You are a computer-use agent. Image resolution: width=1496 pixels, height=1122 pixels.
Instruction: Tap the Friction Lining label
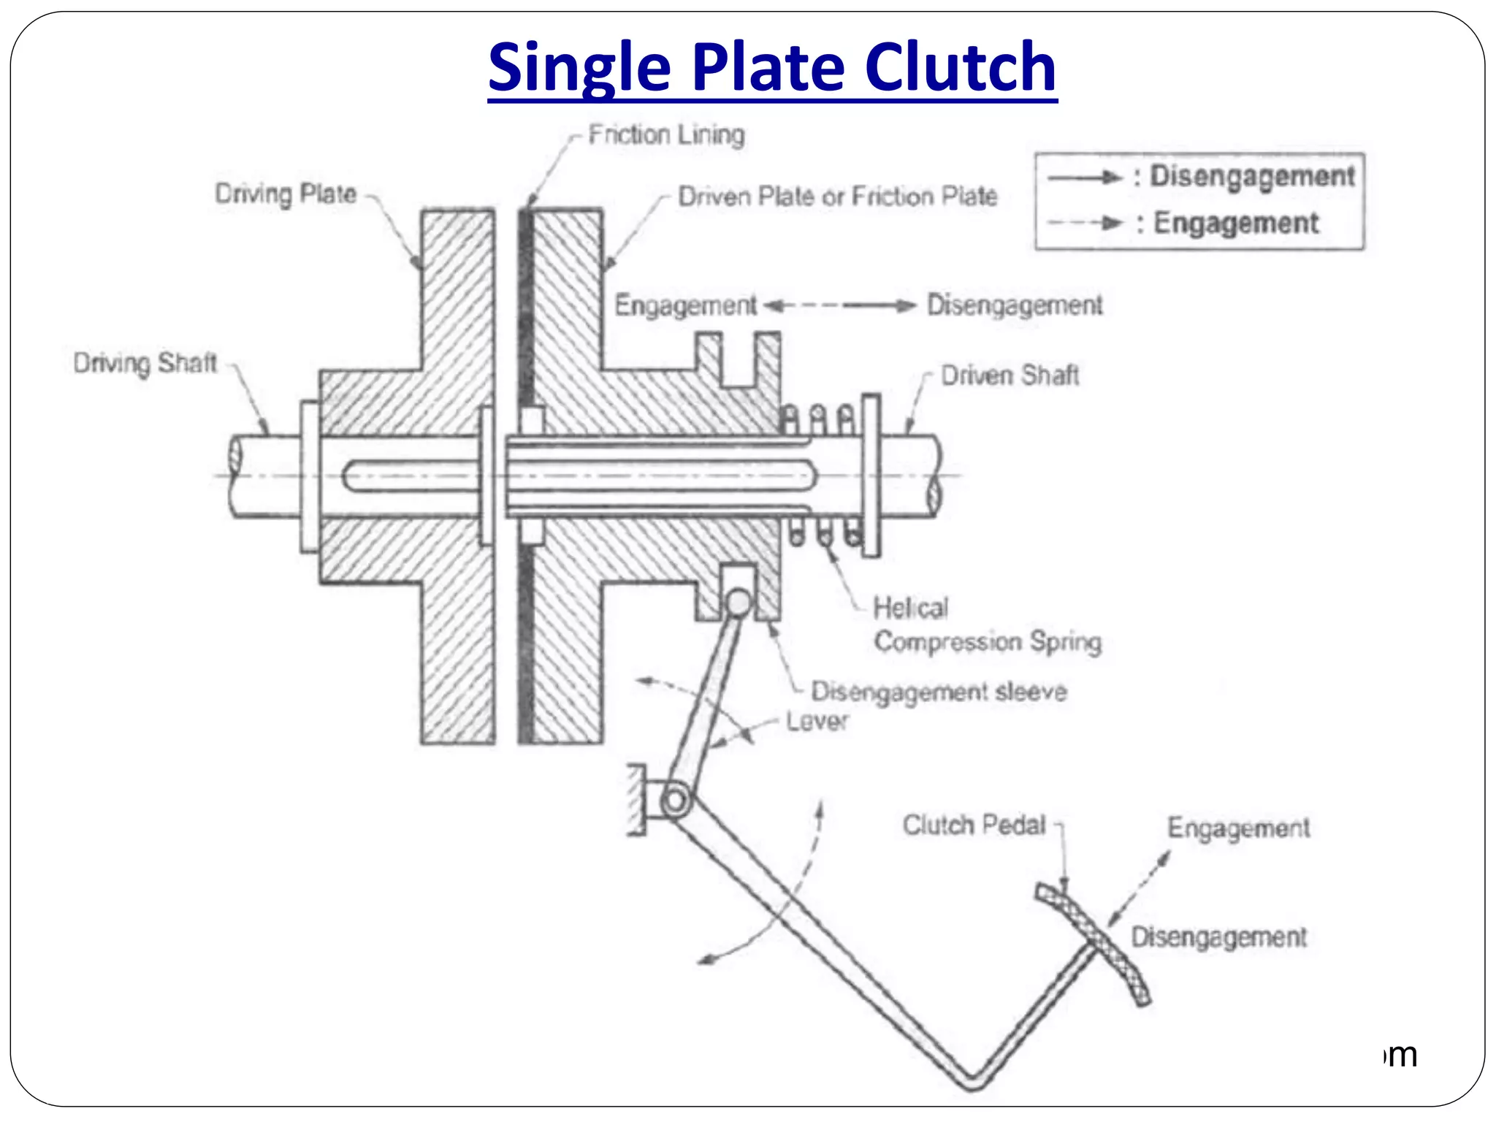click(666, 135)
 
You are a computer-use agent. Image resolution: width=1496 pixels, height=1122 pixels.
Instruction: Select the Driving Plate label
click(286, 194)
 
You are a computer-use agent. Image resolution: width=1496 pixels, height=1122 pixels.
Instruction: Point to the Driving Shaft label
click(145, 363)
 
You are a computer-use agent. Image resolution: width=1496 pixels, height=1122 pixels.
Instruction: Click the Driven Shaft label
click(1010, 375)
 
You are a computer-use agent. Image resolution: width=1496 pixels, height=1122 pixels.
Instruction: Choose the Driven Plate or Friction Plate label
click(837, 196)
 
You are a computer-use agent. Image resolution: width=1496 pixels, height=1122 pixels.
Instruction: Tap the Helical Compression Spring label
click(986, 625)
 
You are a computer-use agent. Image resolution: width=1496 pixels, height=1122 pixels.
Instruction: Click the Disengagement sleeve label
click(939, 692)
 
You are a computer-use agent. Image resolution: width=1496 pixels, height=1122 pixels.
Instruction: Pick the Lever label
click(817, 722)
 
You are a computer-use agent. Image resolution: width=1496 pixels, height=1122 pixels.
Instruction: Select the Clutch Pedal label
click(974, 825)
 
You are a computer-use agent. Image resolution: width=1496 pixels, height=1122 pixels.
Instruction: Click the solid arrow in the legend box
click(1084, 178)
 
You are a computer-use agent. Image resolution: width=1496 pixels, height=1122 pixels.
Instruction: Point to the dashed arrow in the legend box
click(1084, 224)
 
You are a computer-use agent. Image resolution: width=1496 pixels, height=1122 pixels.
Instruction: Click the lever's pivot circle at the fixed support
click(676, 801)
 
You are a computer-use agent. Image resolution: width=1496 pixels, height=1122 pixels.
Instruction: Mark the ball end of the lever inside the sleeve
click(738, 603)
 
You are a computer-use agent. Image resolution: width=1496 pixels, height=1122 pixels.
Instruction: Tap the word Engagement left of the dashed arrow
click(685, 305)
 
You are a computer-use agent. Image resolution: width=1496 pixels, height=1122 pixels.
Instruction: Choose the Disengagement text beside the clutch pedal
click(1218, 937)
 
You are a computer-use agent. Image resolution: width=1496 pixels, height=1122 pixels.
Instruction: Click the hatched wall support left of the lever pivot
click(636, 800)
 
